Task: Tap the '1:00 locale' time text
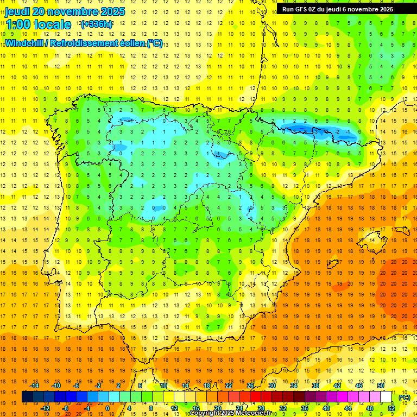click(39, 24)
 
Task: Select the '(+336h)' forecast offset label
click(97, 24)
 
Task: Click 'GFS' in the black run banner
click(304, 9)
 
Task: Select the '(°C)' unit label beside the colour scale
click(404, 397)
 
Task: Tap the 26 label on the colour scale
click(250, 386)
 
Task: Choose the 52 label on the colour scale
click(391, 408)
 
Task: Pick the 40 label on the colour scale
click(326, 408)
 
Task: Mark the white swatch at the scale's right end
click(386, 397)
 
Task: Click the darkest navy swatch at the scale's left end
click(27, 397)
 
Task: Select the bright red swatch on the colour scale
click(255, 397)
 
